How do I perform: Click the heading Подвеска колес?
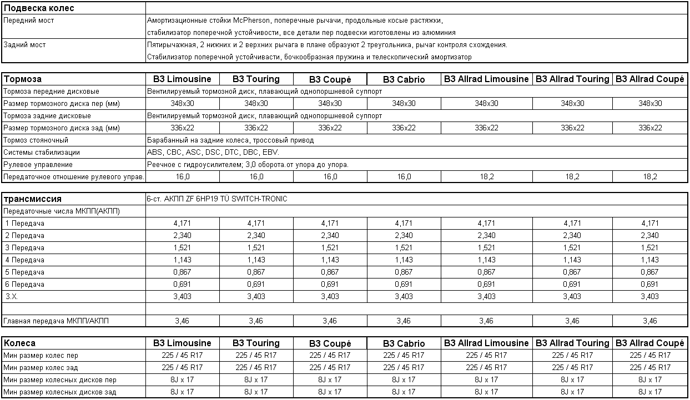tap(39, 8)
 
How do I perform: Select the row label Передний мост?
tap(28, 21)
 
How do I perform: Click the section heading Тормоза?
tap(23, 79)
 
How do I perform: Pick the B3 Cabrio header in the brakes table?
tap(404, 79)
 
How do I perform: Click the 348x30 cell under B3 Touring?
tap(256, 104)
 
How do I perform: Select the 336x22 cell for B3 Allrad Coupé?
tap(650, 128)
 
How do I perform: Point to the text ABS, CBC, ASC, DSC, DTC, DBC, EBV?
tap(213, 153)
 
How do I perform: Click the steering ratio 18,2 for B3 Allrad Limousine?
tap(486, 177)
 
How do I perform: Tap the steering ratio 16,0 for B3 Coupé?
tap(330, 177)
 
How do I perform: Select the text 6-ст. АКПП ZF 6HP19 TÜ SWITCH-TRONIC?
tap(217, 199)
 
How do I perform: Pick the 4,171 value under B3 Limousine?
tap(183, 224)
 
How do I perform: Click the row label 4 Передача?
tap(24, 260)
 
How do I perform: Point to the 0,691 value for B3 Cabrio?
tap(404, 285)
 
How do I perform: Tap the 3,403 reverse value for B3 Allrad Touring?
tap(572, 297)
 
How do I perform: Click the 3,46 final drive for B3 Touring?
tap(256, 321)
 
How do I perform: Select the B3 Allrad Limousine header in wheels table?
tap(486, 343)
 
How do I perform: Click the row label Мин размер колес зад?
tap(41, 368)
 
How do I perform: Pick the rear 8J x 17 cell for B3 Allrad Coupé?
tap(650, 392)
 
